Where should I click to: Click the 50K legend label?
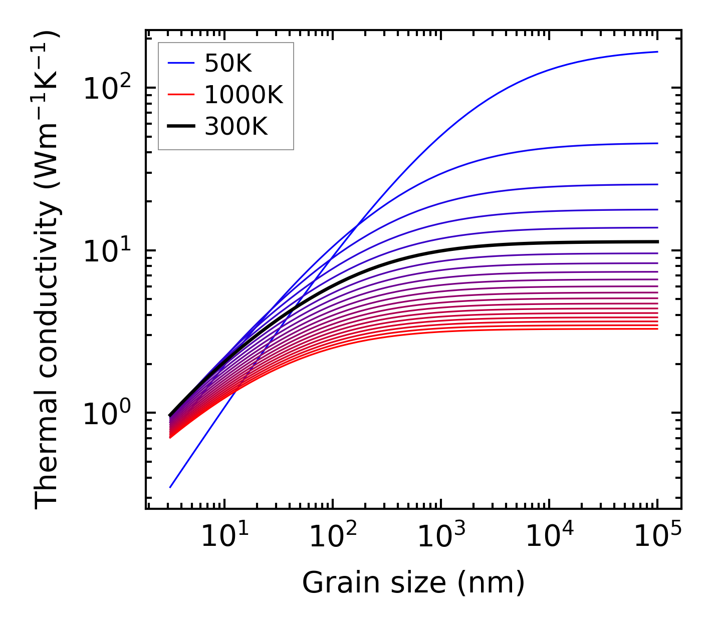[228, 63]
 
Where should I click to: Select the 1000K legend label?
[244, 95]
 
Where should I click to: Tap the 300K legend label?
[236, 127]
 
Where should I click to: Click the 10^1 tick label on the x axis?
[224, 537]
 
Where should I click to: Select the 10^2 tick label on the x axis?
[332, 537]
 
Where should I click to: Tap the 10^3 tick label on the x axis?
[440, 537]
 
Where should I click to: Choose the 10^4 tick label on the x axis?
[549, 537]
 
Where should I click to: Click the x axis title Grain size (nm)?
[413, 583]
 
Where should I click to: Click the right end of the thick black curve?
[657, 242]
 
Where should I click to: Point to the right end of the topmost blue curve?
[657, 52]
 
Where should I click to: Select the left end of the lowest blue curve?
[170, 487]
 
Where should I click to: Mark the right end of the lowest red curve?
[657, 329]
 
